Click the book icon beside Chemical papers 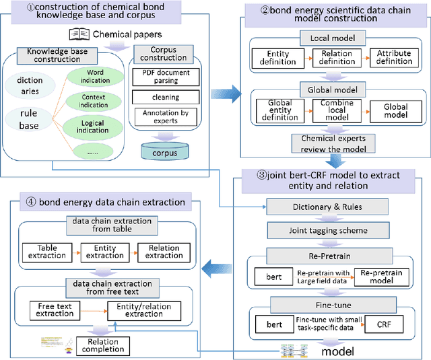77,34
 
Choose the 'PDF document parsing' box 166,77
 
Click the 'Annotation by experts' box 166,117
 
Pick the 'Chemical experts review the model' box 333,143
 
